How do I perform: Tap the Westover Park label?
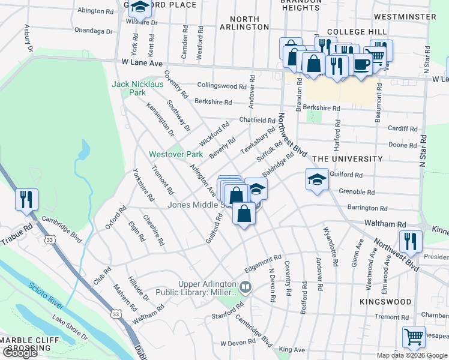click(x=176, y=154)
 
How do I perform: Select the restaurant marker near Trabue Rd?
click(x=26, y=199)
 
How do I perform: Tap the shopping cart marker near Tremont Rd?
click(x=413, y=337)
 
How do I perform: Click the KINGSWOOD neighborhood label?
click(x=386, y=302)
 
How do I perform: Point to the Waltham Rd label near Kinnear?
click(x=393, y=223)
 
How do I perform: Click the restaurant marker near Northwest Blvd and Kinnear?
click(x=411, y=241)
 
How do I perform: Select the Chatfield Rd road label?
click(x=257, y=121)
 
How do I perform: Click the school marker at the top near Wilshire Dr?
click(x=140, y=7)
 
